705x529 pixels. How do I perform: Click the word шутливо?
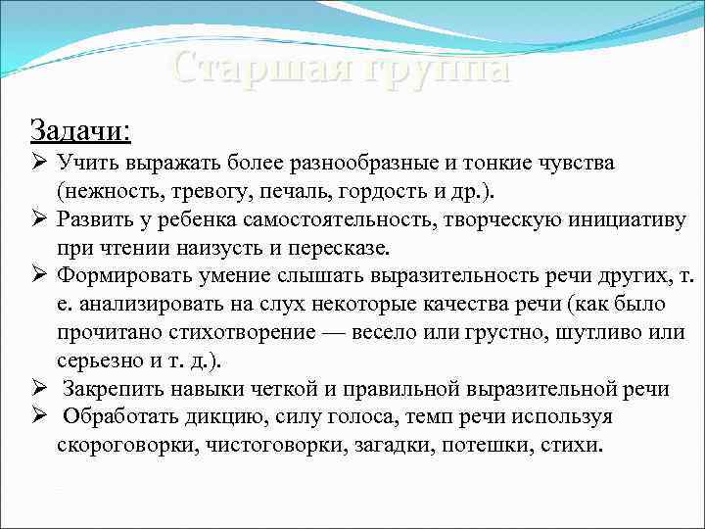pos(592,332)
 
